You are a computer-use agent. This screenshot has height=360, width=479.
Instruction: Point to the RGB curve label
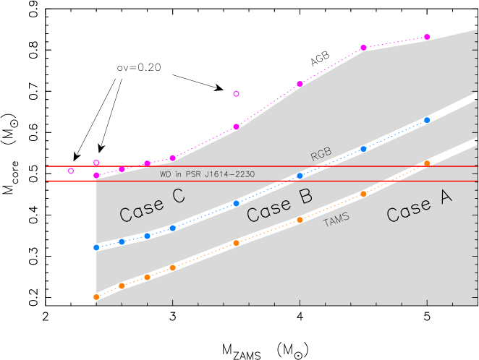click(x=321, y=154)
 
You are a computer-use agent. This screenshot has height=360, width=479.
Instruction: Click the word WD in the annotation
click(x=166, y=174)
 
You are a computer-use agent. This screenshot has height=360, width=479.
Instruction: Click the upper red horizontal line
click(x=217, y=166)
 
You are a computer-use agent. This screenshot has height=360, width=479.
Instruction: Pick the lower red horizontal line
click(x=217, y=181)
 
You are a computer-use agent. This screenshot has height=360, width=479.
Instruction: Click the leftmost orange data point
click(x=96, y=297)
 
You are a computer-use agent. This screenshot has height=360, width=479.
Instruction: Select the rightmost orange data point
click(x=427, y=163)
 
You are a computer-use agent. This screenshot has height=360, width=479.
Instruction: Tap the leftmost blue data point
click(x=96, y=247)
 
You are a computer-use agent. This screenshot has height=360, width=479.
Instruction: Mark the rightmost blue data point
click(x=427, y=120)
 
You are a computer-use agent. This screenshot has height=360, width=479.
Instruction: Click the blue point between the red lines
click(x=300, y=176)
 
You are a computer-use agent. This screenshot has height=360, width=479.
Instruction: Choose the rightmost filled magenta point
click(x=427, y=37)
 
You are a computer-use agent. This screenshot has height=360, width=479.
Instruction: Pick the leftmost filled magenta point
click(x=96, y=175)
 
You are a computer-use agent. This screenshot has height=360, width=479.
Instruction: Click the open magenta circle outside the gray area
click(x=71, y=171)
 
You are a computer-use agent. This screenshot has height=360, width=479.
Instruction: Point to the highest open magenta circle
click(x=236, y=94)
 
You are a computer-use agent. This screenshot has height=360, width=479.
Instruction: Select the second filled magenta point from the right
click(x=363, y=48)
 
